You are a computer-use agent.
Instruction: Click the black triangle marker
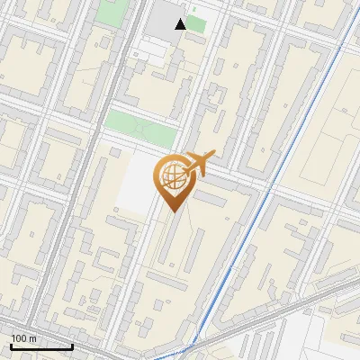pyautogui.click(x=181, y=24)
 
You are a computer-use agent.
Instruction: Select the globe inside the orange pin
pyautogui.click(x=172, y=178)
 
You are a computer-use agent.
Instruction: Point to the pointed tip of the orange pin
pyautogui.click(x=171, y=212)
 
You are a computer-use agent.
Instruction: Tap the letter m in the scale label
pyautogui.click(x=32, y=338)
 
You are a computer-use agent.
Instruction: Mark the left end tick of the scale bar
pyautogui.click(x=11, y=346)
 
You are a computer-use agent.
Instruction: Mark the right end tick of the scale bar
pyautogui.click(x=72, y=346)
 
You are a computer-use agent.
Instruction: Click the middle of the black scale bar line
pyautogui.click(x=41, y=347)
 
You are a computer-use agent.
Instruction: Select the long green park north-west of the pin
pyautogui.click(x=139, y=129)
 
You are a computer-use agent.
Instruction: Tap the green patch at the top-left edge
pyautogui.click(x=112, y=12)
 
